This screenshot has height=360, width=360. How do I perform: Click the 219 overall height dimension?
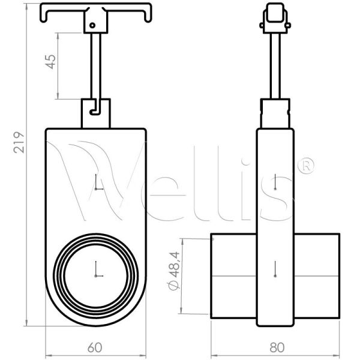click(19, 142)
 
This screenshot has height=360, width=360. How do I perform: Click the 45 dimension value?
click(52, 62)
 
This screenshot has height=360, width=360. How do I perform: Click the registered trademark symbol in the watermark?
click(307, 166)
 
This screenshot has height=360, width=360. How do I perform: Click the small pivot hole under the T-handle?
click(92, 25)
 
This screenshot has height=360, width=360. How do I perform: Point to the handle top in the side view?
click(275, 18)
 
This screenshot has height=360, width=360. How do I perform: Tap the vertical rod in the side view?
click(275, 66)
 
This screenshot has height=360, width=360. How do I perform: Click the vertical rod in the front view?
click(97, 66)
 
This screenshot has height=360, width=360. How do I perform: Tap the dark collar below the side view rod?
click(275, 113)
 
